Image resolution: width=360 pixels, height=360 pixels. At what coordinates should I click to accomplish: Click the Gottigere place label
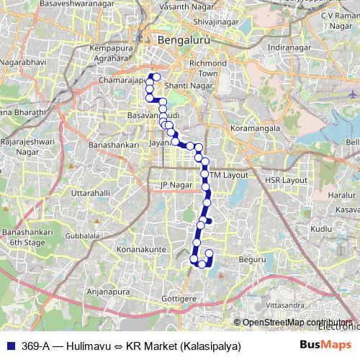point(179,297)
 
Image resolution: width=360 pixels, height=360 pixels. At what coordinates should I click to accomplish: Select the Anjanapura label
point(112,292)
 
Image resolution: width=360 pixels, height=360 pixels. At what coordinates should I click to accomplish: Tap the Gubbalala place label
point(81,235)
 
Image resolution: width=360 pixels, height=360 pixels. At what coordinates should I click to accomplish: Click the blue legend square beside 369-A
point(9,346)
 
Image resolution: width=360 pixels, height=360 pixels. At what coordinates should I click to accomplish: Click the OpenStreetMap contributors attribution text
point(297,323)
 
